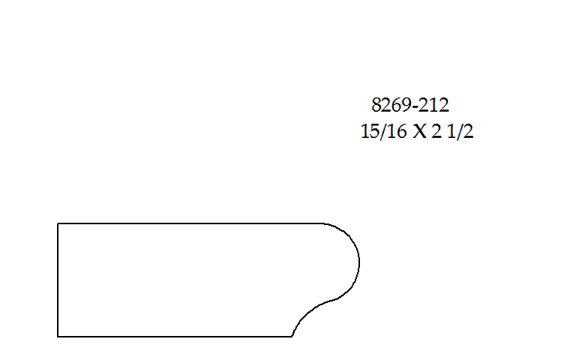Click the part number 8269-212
pyautogui.click(x=410, y=105)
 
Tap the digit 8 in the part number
pyautogui.click(x=376, y=105)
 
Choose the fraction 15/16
pyautogui.click(x=383, y=131)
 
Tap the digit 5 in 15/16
pyautogui.click(x=374, y=132)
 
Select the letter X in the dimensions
pyautogui.click(x=420, y=132)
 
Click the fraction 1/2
pyautogui.click(x=460, y=131)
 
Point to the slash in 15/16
pyautogui.click(x=383, y=132)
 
